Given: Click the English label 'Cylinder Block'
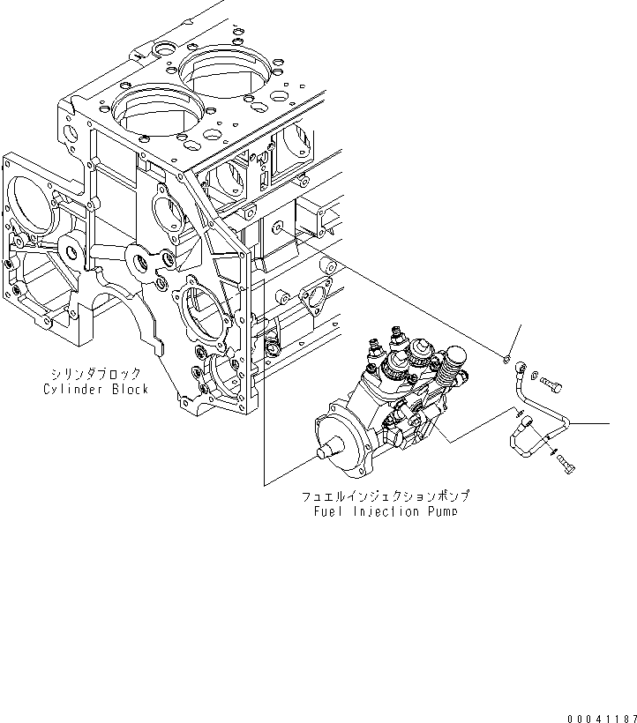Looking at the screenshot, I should tap(95, 389).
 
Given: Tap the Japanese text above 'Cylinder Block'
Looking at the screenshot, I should tap(95, 374).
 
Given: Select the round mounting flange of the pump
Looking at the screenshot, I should tap(341, 432).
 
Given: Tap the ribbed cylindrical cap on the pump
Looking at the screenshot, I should tap(454, 357).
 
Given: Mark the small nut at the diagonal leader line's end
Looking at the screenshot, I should tap(505, 358).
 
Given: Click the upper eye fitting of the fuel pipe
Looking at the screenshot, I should tap(522, 362).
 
